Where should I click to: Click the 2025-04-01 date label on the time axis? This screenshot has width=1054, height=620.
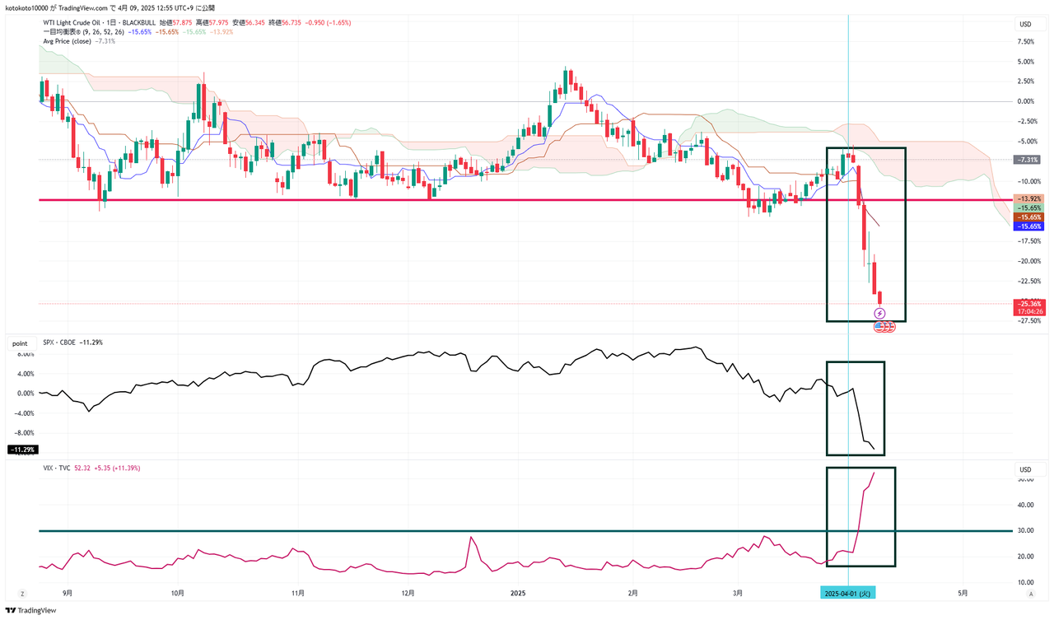(x=848, y=592)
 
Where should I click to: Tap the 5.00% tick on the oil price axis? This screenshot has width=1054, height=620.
(x=1024, y=61)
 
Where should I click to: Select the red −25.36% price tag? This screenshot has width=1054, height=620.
(x=1028, y=304)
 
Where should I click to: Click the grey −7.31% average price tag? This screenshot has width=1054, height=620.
(x=1028, y=160)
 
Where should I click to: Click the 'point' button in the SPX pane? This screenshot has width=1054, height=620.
(x=18, y=342)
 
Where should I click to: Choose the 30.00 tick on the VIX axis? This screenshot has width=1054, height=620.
(x=1025, y=531)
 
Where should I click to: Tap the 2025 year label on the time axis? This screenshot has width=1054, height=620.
(x=518, y=592)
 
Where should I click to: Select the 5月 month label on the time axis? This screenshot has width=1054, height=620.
(x=962, y=592)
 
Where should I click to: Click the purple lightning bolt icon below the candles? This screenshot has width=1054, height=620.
(x=879, y=314)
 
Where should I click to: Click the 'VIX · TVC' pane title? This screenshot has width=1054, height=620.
(x=58, y=468)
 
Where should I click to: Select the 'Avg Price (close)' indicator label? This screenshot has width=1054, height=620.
(x=68, y=40)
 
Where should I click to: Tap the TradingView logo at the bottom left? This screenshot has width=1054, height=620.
(x=31, y=610)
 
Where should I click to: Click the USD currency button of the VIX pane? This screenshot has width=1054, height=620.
(x=1025, y=469)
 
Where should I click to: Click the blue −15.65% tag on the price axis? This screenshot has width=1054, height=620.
(x=1029, y=226)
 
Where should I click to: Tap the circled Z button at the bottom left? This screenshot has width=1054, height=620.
(x=22, y=593)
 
